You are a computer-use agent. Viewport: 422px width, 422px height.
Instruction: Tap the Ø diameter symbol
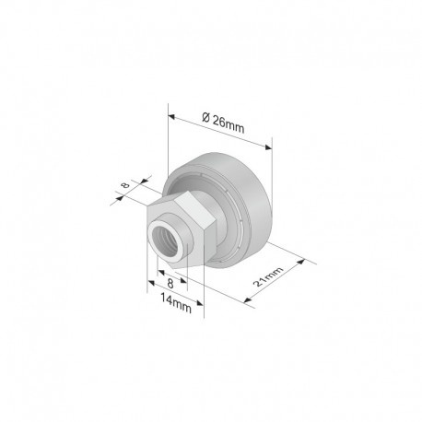[x=206, y=117]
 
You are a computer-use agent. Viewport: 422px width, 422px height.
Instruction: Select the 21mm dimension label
[x=268, y=276]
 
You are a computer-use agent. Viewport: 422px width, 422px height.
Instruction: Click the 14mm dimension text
[x=176, y=303]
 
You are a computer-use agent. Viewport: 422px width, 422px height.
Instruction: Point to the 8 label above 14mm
[x=170, y=284]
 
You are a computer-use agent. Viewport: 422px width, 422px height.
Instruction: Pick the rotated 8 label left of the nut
[x=125, y=185]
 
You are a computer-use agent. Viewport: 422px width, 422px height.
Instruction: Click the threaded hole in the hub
[x=166, y=241]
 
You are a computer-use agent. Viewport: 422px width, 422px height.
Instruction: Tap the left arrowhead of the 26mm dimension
[x=171, y=117]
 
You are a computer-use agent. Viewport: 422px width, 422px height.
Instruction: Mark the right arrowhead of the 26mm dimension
[x=269, y=147]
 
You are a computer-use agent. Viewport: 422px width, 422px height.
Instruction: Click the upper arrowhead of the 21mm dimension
[x=301, y=262]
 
